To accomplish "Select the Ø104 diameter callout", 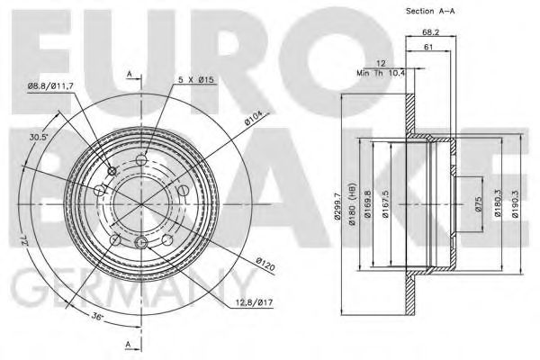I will (251, 117).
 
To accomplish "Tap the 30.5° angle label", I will (38, 137).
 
